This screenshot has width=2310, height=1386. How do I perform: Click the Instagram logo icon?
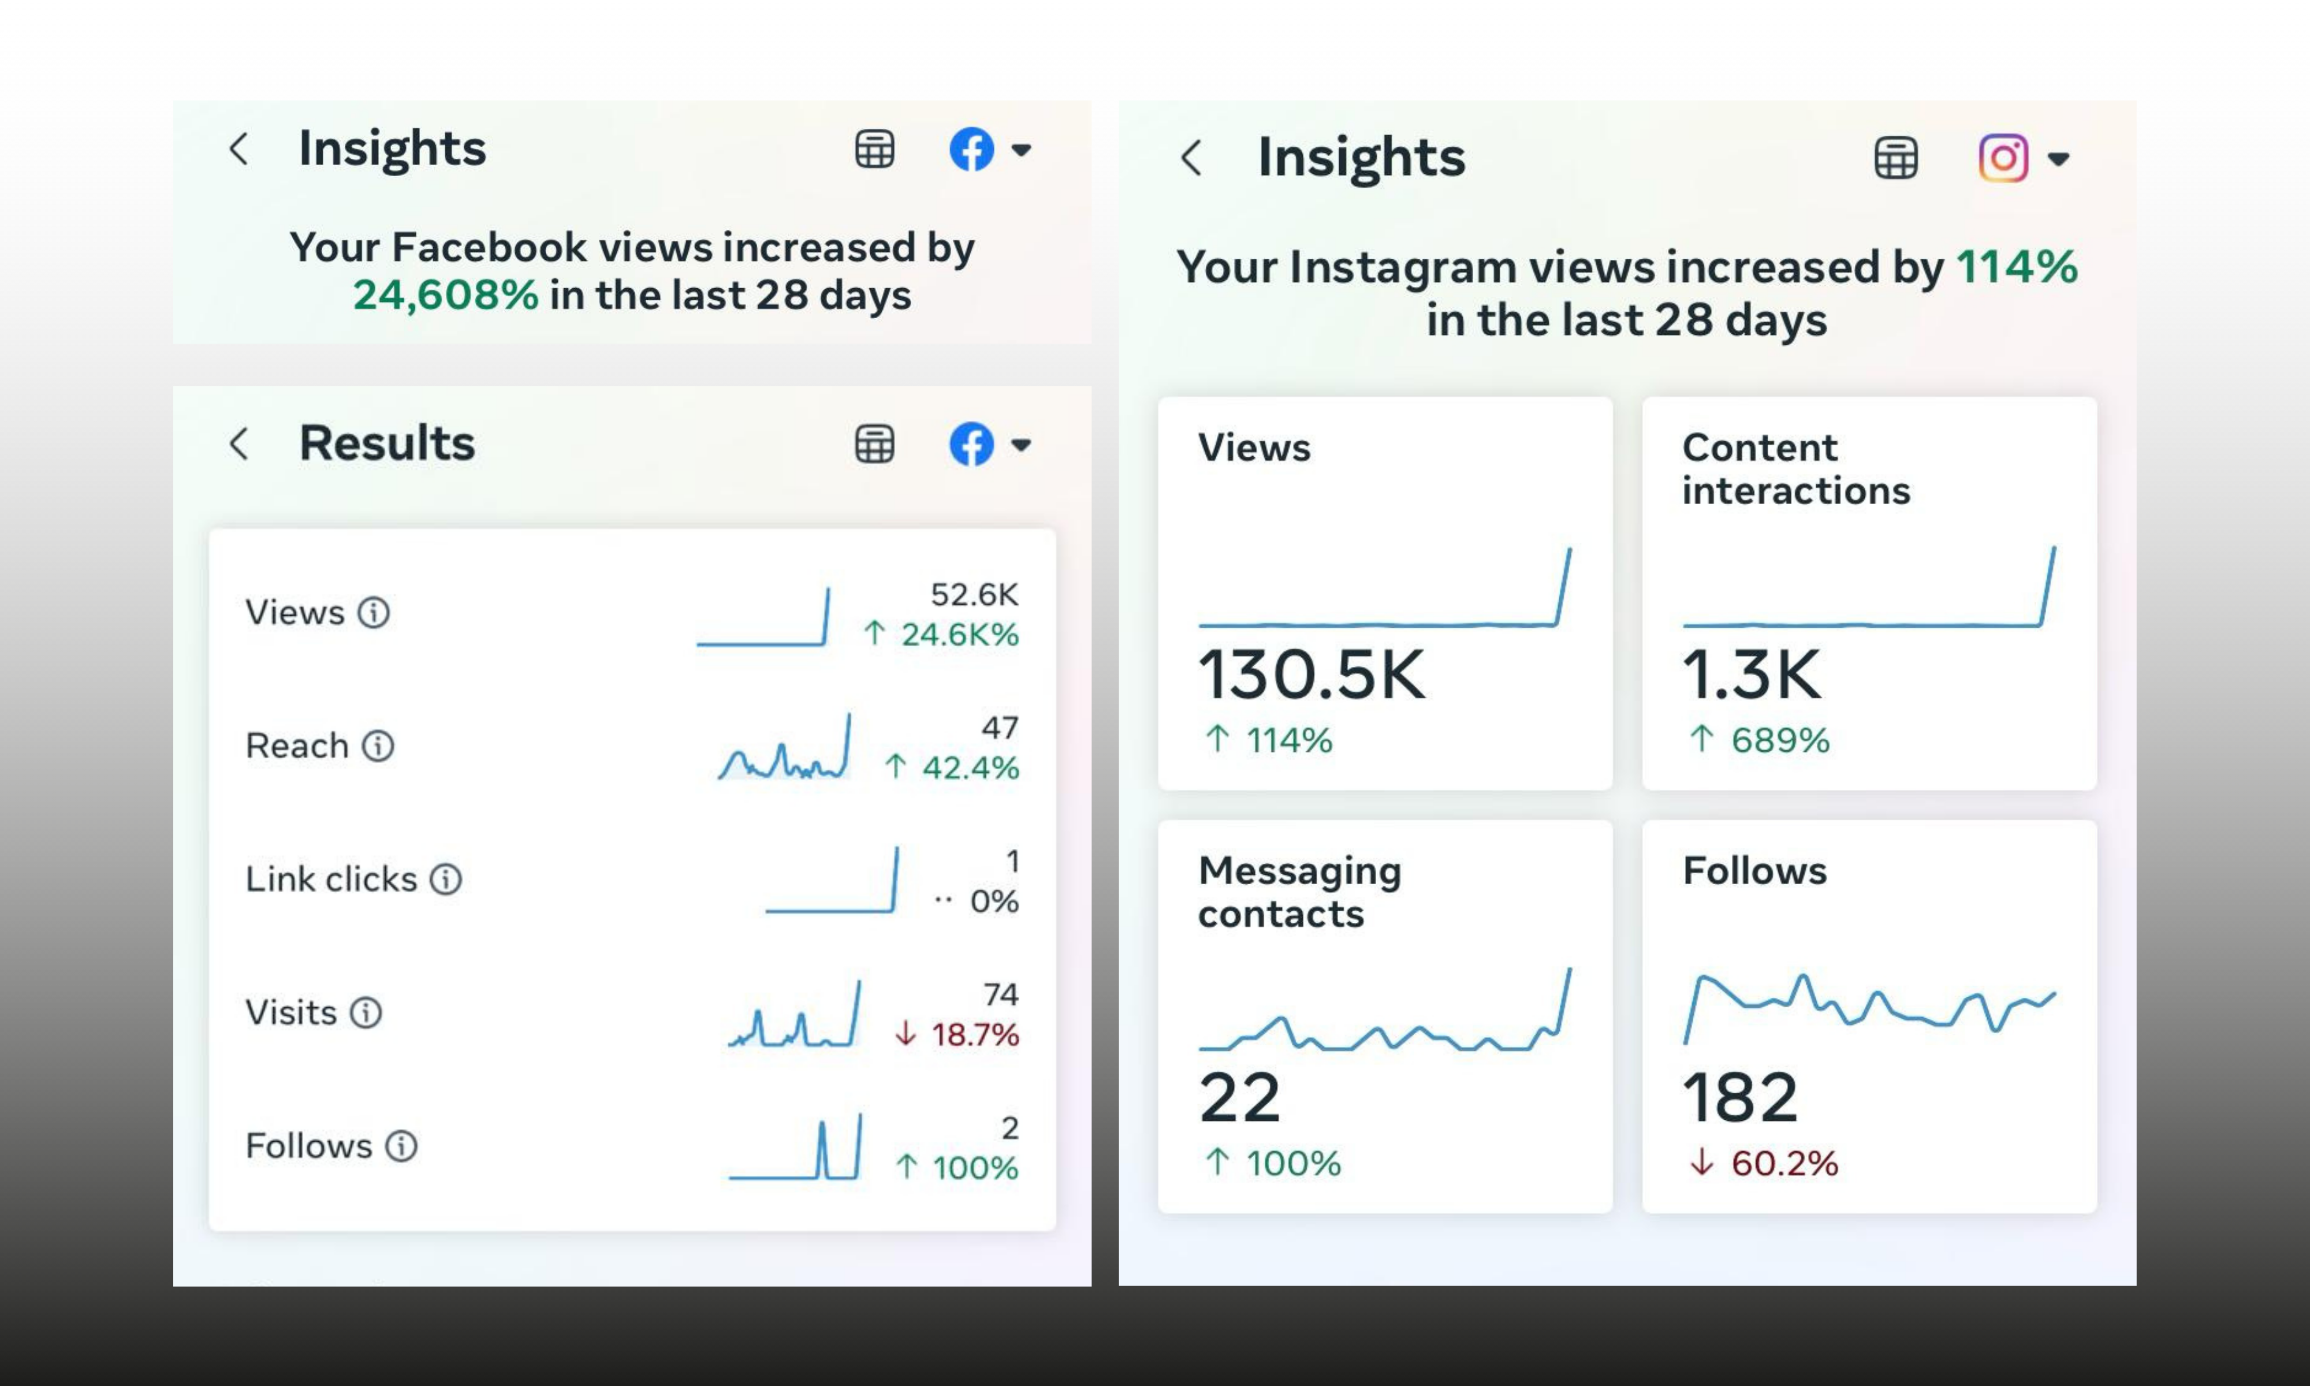[2003, 157]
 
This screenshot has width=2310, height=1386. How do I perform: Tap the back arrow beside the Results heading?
[239, 444]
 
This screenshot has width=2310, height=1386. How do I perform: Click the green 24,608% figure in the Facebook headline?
[445, 295]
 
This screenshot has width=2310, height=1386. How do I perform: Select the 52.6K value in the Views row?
[974, 594]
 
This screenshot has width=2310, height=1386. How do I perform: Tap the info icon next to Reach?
[378, 746]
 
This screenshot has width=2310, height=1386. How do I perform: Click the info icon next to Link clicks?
[445, 879]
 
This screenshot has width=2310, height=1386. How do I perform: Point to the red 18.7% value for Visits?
[974, 1034]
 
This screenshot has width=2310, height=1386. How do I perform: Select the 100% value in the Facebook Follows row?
[974, 1168]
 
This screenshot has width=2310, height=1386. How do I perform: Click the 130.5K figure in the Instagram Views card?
[1311, 675]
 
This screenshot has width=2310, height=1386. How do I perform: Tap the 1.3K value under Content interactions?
[1751, 675]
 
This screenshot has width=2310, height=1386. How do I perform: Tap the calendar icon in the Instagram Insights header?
[1895, 157]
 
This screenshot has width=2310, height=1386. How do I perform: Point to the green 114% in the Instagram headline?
[2017, 267]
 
